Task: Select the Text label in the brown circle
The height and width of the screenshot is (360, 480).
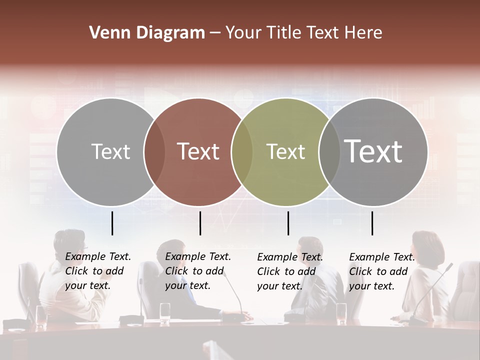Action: pyautogui.click(x=198, y=151)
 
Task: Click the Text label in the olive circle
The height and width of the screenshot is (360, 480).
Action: pyautogui.click(x=285, y=151)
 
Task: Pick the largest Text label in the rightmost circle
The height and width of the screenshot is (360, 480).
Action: pyautogui.click(x=373, y=151)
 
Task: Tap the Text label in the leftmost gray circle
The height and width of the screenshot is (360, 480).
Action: pyautogui.click(x=110, y=151)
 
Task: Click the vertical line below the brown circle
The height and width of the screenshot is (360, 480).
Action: pyautogui.click(x=200, y=223)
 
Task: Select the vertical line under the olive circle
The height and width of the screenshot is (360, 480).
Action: pyautogui.click(x=288, y=223)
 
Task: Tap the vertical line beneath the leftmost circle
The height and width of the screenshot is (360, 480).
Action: pyautogui.click(x=112, y=223)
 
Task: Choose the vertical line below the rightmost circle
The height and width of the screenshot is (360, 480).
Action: pyautogui.click(x=372, y=223)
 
